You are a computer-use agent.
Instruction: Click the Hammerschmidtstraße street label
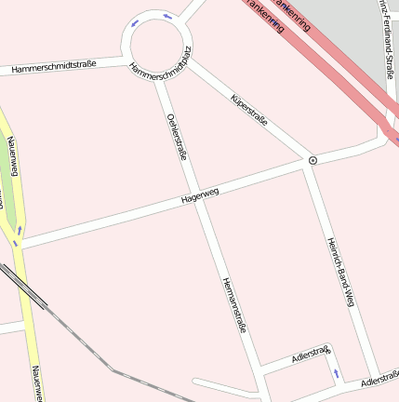click(54, 67)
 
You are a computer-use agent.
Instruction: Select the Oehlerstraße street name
click(177, 137)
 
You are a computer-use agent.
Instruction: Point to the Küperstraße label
click(248, 109)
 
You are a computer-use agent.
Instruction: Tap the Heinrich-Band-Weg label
click(340, 271)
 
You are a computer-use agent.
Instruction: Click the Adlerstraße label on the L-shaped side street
click(310, 354)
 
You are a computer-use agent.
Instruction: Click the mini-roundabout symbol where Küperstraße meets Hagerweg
click(313, 160)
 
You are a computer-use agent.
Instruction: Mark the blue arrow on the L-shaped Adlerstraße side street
click(336, 373)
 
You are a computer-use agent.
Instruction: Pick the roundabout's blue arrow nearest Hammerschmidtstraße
click(136, 23)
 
